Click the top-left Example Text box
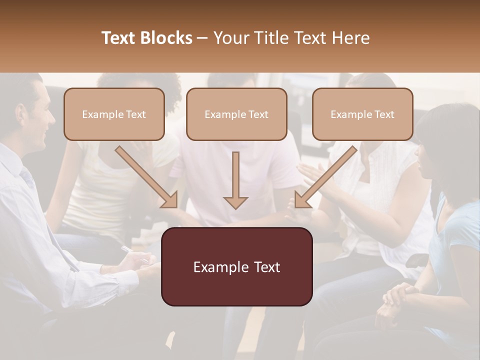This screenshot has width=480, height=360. (x=114, y=114)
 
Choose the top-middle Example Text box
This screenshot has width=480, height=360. (x=236, y=114)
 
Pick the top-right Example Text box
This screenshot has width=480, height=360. (x=362, y=114)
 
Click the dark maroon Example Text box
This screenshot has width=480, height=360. (x=236, y=267)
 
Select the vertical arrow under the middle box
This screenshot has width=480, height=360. (x=235, y=180)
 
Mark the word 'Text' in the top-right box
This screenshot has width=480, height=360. (x=384, y=114)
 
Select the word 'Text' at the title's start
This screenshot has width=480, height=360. (x=118, y=38)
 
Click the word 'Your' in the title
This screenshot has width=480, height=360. (x=228, y=38)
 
